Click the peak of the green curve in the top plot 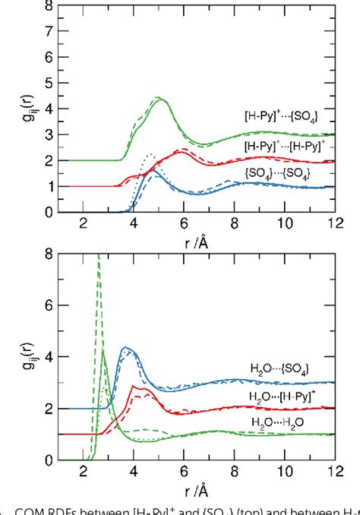pos(160,99)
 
